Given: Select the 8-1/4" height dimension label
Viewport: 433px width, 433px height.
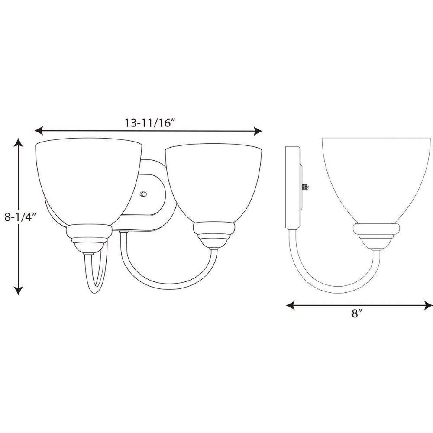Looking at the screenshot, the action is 21,210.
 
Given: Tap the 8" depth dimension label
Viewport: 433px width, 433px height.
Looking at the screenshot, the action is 357,313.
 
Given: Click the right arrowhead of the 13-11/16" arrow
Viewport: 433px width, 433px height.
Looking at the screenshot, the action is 257,131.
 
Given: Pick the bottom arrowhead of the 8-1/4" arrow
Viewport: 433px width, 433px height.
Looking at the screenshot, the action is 18,290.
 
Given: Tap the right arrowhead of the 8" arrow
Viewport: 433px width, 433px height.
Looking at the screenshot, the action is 428,305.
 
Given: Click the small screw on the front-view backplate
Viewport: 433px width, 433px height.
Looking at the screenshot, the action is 143,194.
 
